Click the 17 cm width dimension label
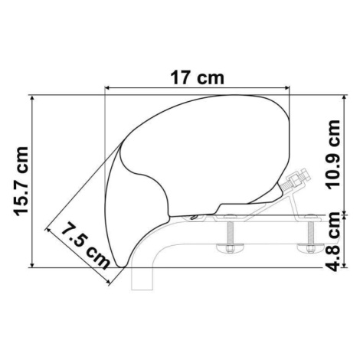click(197, 77)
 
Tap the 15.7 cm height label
click(21, 182)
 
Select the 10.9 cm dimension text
click(333, 155)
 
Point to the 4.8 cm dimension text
click(333, 242)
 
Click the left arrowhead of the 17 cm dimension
click(107, 88)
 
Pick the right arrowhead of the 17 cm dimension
click(287, 88)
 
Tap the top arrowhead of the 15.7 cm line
click(32, 98)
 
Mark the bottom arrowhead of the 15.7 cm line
click(32, 265)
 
